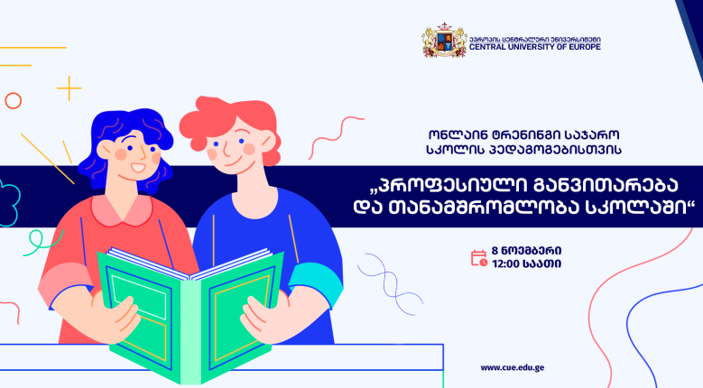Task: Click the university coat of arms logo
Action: click(x=444, y=40)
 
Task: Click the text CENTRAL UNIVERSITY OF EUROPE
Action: click(x=535, y=47)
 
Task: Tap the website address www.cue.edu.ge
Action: click(x=512, y=368)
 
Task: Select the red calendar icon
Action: click(x=479, y=258)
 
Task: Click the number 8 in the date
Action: click(x=495, y=251)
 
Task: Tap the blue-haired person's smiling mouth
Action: click(x=138, y=169)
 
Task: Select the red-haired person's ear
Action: click(x=268, y=142)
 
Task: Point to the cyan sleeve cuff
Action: click(x=316, y=283)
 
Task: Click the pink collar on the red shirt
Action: click(x=122, y=210)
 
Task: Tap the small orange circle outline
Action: click(x=14, y=101)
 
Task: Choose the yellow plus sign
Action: click(x=69, y=88)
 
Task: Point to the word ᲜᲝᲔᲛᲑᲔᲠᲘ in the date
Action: click(x=532, y=251)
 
